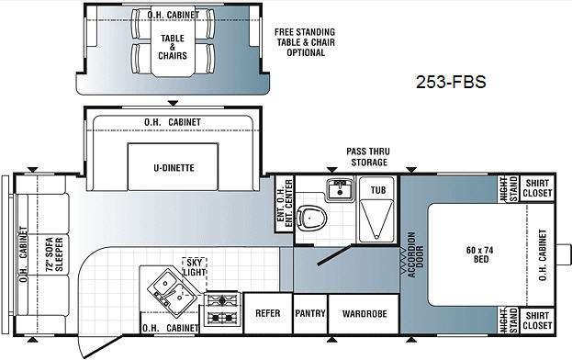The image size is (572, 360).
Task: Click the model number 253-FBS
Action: [451, 82]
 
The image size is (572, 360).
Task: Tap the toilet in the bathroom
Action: [311, 219]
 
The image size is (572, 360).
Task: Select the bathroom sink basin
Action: [340, 189]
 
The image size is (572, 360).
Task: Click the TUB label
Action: [378, 190]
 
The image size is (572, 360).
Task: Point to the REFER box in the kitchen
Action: [268, 313]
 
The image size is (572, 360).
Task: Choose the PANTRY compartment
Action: [310, 313]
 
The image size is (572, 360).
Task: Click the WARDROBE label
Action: [365, 314]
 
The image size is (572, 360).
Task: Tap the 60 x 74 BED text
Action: [480, 254]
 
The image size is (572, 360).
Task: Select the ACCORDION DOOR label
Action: [416, 254]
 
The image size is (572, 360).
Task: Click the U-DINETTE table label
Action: [174, 168]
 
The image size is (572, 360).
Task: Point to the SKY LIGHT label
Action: [195, 267]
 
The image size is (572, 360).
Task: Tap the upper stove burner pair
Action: [222, 300]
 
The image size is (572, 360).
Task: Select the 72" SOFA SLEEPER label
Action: [54, 254]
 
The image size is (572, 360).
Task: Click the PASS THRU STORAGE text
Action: [368, 157]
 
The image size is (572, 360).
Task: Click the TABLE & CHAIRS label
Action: [173, 47]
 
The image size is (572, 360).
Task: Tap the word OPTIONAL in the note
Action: [306, 52]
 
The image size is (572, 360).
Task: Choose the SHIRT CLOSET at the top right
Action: [537, 188]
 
